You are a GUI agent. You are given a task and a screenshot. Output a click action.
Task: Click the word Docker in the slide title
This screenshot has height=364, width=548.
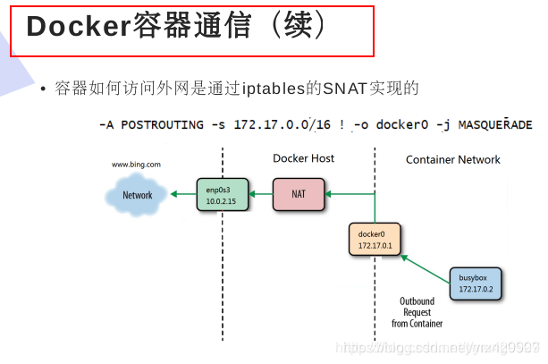coord(79,26)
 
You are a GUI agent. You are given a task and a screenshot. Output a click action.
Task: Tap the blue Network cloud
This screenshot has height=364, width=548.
coord(137,195)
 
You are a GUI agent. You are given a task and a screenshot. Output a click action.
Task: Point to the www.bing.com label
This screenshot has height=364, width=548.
coord(136,165)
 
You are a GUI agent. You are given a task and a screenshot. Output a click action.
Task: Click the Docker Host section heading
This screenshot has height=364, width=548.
coord(303,158)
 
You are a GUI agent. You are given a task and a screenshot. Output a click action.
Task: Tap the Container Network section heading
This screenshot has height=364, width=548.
coord(452,159)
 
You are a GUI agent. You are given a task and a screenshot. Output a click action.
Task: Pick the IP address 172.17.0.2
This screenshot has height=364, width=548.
coord(476,291)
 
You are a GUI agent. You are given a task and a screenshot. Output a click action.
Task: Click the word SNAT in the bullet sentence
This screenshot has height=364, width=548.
coord(346,88)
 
